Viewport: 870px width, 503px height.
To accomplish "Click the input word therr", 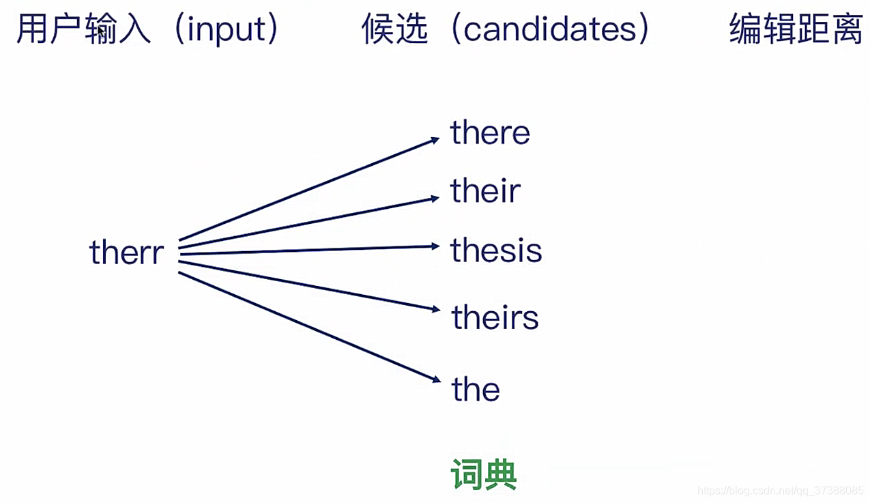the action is click(127, 253).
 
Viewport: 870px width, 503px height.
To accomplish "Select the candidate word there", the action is click(490, 132).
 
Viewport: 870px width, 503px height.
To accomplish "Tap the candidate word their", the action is click(485, 191).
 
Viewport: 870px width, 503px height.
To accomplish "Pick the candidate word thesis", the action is click(496, 250).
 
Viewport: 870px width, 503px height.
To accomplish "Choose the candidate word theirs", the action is click(495, 318).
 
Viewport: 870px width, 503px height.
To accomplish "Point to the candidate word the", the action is click(476, 390).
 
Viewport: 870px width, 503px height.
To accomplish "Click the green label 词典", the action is click(484, 474).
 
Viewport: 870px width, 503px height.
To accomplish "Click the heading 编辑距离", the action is click(796, 31).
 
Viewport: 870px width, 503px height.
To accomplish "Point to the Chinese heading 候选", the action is click(395, 31).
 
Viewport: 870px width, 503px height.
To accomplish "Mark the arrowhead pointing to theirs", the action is click(436, 309).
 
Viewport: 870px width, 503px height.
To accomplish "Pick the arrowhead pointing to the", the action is click(435, 380).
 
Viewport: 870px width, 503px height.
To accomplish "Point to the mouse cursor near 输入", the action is click(101, 31).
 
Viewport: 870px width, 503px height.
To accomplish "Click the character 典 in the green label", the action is click(501, 474).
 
